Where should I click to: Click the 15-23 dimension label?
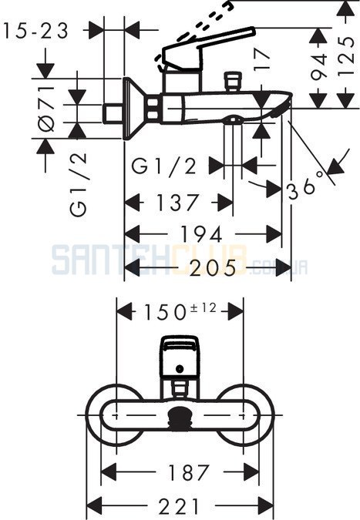point(35,31)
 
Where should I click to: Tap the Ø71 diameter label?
point(46,109)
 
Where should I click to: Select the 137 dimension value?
point(177,203)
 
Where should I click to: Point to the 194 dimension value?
point(200,234)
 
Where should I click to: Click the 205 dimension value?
point(214,267)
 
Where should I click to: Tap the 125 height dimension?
point(346,57)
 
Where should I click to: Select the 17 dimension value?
point(262,60)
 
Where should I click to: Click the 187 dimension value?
point(189,472)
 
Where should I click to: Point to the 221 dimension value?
point(179,506)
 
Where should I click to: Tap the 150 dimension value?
point(164,313)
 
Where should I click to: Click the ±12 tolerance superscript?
point(203,307)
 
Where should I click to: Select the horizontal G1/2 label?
point(164,166)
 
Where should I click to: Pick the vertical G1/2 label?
point(79,184)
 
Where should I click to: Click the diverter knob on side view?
point(233,82)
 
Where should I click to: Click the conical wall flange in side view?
point(136,109)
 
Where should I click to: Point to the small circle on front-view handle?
point(180,368)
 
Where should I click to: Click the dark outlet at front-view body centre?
point(180,416)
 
